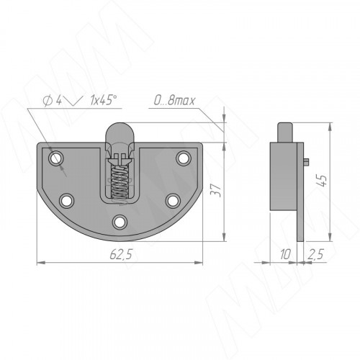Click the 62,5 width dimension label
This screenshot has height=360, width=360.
pyautogui.click(x=121, y=254)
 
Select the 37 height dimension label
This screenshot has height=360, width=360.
pyautogui.click(x=215, y=190)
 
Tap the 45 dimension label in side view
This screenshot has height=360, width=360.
pyautogui.click(x=322, y=181)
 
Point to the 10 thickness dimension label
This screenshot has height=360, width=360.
pyautogui.click(x=285, y=254)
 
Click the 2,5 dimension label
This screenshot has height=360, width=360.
pyautogui.click(x=316, y=254)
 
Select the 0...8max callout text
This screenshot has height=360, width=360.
pyautogui.click(x=174, y=101)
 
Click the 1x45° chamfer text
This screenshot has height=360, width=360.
pyautogui.click(x=104, y=100)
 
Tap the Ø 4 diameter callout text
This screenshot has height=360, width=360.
pyautogui.click(x=53, y=101)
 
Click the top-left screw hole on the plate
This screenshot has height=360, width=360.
pyautogui.click(x=56, y=158)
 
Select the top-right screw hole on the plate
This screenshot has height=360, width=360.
pyautogui.click(x=184, y=158)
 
